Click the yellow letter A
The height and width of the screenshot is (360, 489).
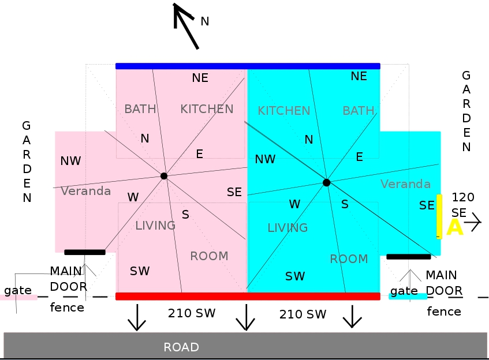tap(454, 227)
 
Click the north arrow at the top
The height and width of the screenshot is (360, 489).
tap(186, 25)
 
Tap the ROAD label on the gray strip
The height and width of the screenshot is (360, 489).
tap(181, 347)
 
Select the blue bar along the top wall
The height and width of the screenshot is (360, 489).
tap(248, 66)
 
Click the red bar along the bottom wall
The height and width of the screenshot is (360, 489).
tap(248, 296)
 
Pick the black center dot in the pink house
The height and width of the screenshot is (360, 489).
tap(164, 175)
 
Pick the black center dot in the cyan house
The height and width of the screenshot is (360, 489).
tap(326, 182)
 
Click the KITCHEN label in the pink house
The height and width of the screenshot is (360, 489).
tap(207, 109)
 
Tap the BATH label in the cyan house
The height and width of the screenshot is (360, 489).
tap(358, 111)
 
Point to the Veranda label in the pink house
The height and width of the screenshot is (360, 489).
tap(85, 191)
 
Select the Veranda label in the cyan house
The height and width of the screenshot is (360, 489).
tap(405, 184)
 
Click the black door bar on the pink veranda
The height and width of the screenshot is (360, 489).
tap(85, 252)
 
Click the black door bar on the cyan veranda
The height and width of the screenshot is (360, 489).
tap(408, 256)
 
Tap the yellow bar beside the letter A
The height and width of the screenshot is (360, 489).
tap(439, 216)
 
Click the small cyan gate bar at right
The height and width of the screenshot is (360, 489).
tap(408, 297)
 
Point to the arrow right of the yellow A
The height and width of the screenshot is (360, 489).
tap(475, 222)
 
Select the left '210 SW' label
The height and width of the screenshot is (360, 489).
tap(192, 314)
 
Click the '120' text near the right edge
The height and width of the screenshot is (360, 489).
tap(462, 197)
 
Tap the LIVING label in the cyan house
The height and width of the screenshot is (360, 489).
tap(288, 228)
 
